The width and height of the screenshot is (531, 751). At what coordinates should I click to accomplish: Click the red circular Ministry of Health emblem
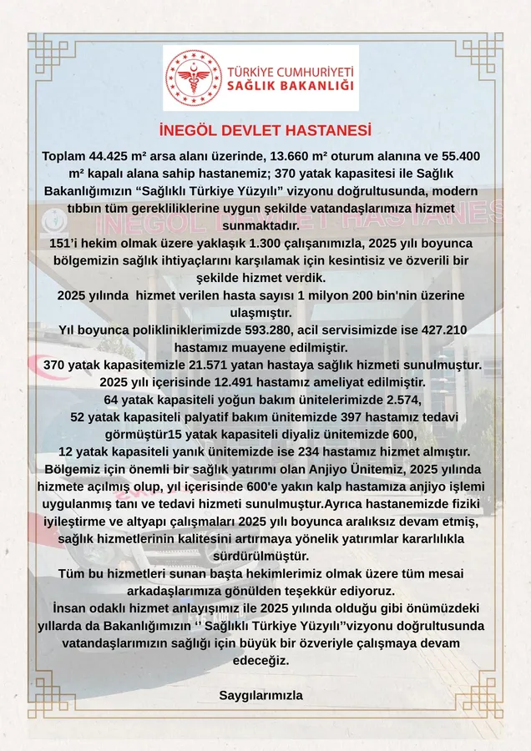click(x=193, y=78)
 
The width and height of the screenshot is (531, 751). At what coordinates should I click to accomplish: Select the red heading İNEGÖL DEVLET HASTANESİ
click(x=265, y=132)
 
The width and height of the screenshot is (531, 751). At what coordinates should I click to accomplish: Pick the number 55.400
click(x=458, y=157)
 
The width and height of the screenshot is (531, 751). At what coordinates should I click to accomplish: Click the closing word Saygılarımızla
click(x=260, y=695)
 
